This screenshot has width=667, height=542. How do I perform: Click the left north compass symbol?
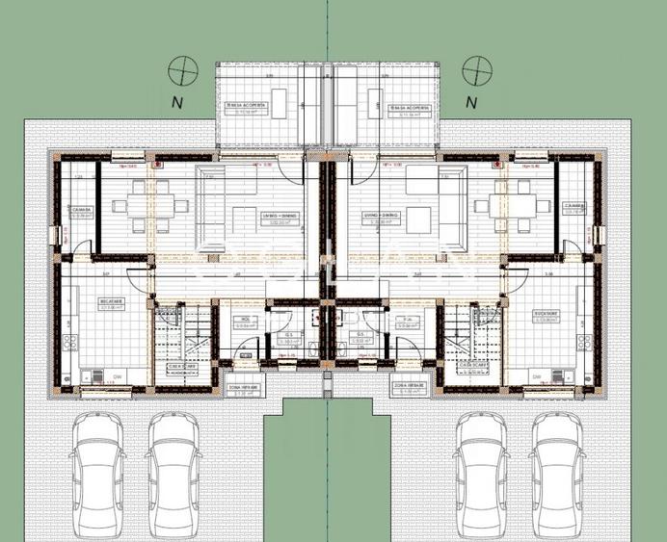(x=181, y=70)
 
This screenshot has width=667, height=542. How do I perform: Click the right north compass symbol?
(x=475, y=70)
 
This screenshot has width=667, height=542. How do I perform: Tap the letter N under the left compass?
(x=176, y=100)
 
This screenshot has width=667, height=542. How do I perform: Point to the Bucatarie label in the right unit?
(x=547, y=314)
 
